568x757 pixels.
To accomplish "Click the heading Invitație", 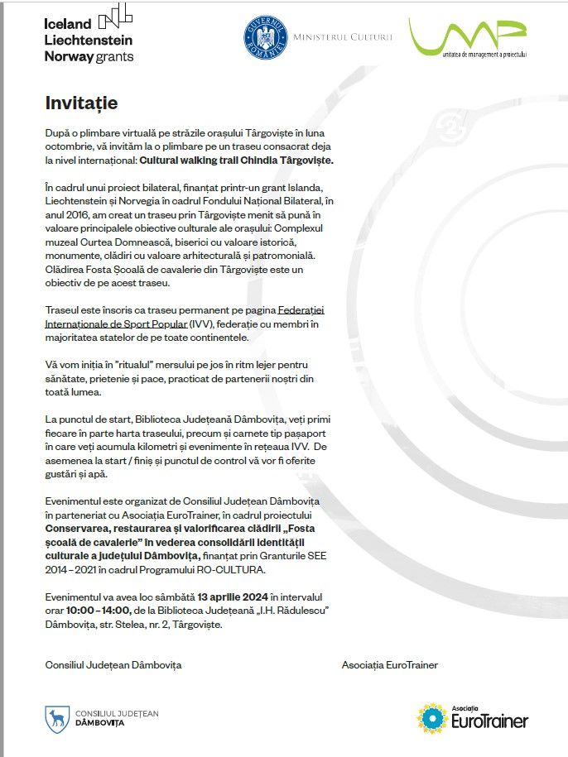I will click(x=81, y=103).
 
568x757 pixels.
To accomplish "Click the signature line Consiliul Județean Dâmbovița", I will click(x=113, y=665).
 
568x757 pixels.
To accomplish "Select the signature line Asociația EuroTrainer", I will click(x=389, y=665).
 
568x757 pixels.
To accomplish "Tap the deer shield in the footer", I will click(x=56, y=717).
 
